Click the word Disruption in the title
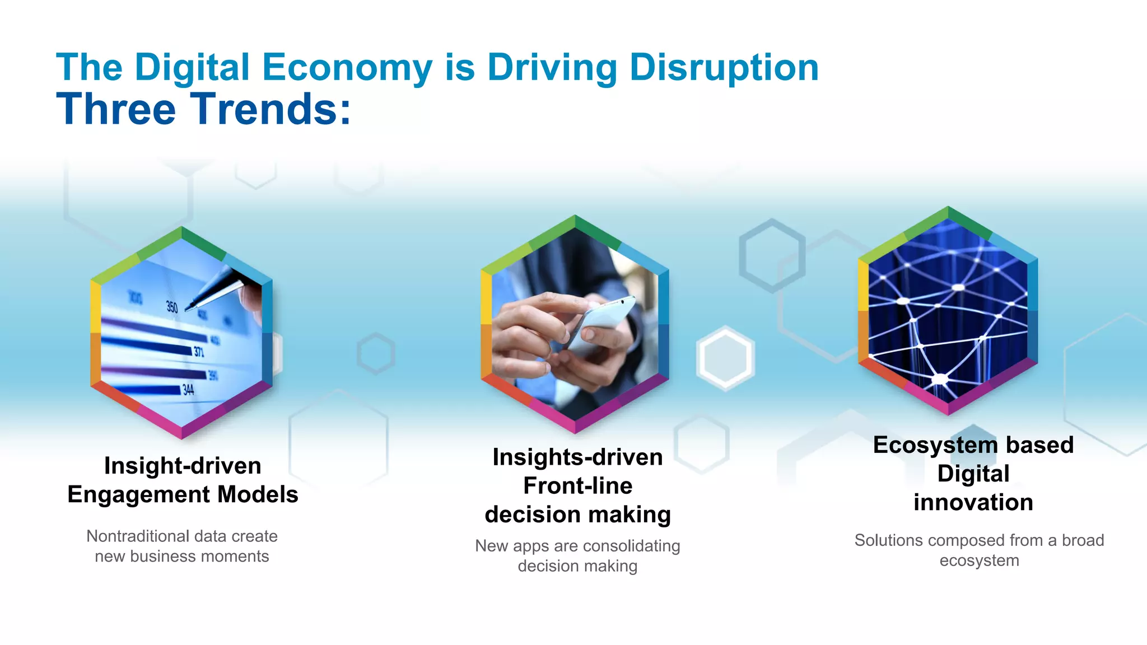click(724, 68)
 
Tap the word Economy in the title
click(347, 68)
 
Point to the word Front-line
click(577, 486)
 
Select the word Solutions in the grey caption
click(888, 540)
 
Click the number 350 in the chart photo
click(172, 307)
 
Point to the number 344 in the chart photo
click(188, 390)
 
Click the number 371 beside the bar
click(199, 352)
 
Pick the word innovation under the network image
click(973, 503)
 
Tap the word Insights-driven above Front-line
click(577, 457)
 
